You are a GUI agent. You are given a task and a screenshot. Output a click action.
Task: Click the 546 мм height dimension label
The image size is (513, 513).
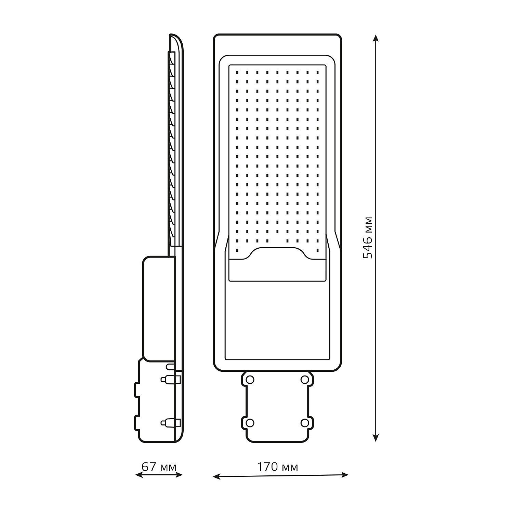(x=367, y=238)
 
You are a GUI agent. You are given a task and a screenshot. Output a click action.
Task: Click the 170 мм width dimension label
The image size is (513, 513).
(x=277, y=466)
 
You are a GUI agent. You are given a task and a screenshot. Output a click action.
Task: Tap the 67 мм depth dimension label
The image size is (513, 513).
(x=159, y=466)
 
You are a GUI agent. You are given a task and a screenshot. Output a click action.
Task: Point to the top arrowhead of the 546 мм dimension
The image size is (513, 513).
(x=376, y=38)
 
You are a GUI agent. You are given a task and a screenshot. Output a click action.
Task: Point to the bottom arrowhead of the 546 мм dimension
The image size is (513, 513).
(x=376, y=437)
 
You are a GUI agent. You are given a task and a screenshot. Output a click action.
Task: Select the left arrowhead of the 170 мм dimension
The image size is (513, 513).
(x=216, y=476)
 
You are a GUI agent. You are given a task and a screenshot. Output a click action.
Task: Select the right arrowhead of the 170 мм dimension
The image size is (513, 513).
(x=344, y=475)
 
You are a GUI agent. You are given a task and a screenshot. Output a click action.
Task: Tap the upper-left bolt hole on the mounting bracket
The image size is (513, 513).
(x=250, y=380)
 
